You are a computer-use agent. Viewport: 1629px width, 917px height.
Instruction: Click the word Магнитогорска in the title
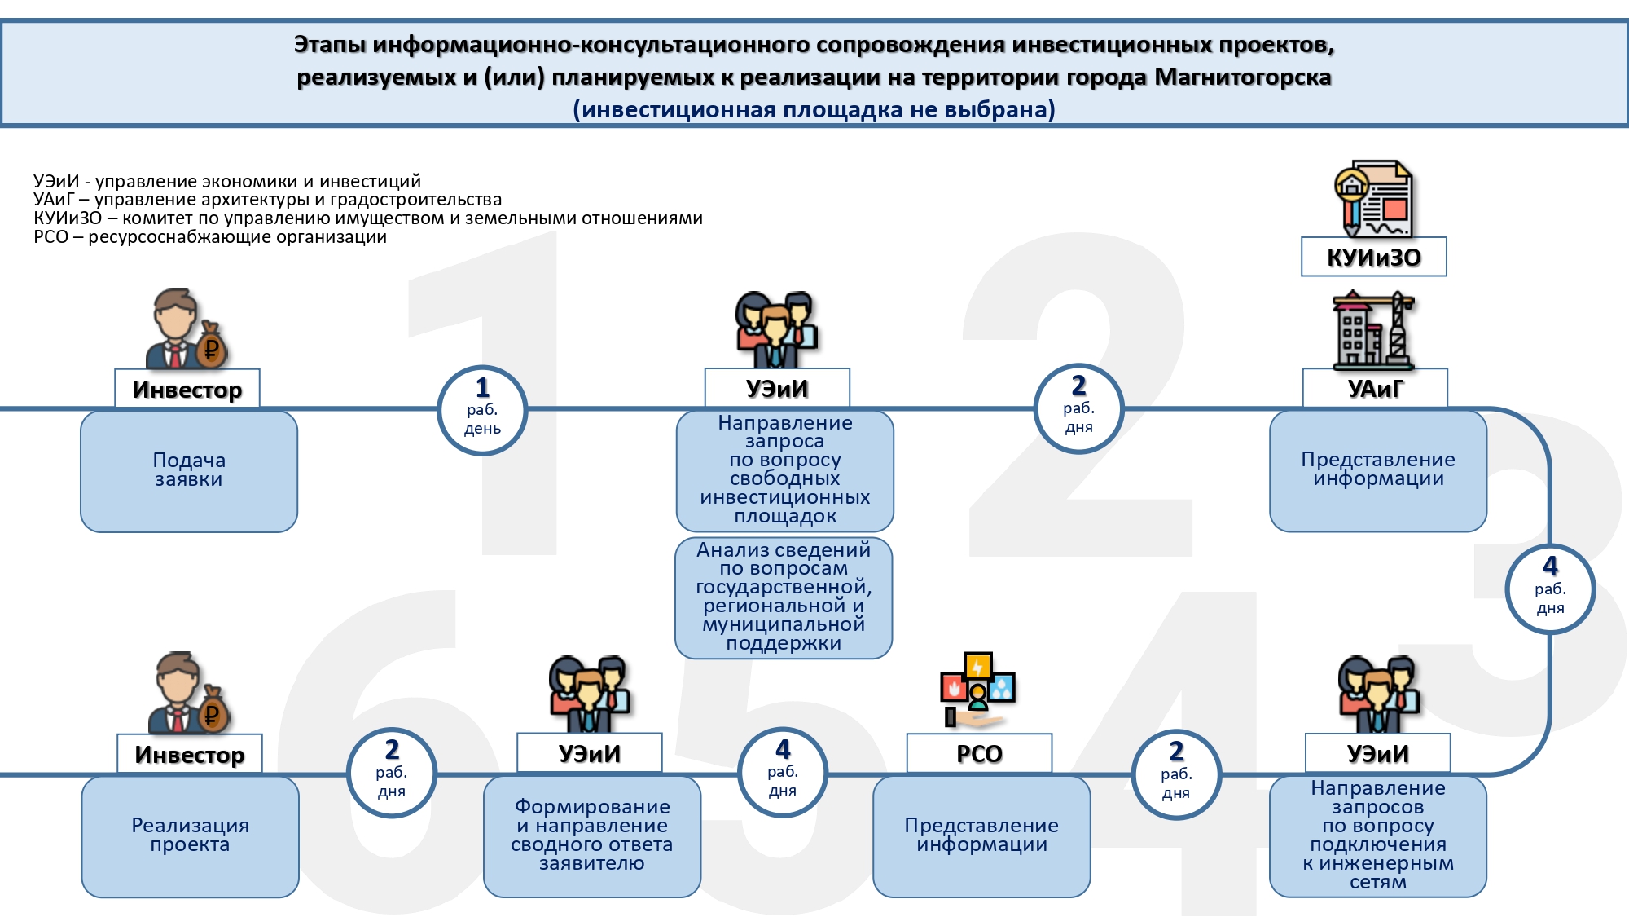(1243, 77)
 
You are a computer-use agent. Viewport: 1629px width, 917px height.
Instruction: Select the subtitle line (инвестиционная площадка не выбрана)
(814, 109)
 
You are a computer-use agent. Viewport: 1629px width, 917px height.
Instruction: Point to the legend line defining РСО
(210, 237)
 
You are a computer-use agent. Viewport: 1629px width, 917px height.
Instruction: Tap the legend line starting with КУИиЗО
(368, 218)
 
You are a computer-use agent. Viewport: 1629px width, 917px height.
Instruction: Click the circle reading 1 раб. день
(482, 409)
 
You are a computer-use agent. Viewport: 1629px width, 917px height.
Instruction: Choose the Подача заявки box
(189, 471)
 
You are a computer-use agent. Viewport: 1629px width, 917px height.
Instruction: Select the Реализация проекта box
(190, 836)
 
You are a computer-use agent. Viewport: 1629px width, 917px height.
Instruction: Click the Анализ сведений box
(784, 597)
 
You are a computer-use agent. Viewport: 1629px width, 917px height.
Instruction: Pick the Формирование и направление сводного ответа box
(592, 836)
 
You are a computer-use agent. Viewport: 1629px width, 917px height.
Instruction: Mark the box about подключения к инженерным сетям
(1378, 836)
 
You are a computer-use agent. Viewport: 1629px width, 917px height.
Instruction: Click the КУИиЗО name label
(1374, 257)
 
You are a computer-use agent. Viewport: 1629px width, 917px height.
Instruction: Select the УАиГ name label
(1375, 388)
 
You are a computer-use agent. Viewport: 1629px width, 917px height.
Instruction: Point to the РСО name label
(979, 753)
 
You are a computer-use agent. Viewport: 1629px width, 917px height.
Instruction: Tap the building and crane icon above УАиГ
(1374, 329)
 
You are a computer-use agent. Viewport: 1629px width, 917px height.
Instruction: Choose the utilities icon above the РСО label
(977, 690)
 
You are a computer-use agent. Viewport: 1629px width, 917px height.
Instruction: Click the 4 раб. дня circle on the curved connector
(1550, 589)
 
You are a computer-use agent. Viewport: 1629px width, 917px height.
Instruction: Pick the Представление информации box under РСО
(981, 836)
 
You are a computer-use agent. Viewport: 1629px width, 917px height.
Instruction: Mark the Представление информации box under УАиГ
(1378, 471)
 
